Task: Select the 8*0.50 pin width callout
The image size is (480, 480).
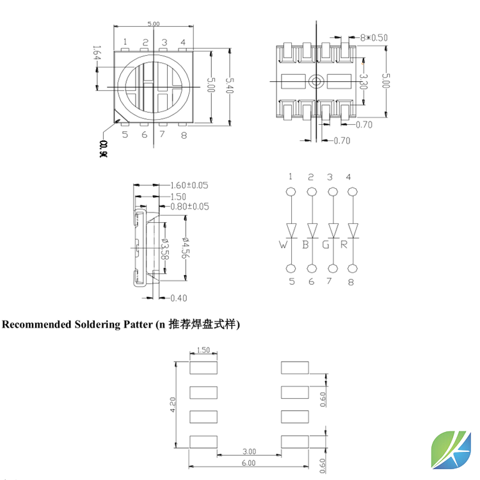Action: [374, 38]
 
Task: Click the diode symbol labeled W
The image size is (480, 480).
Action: [292, 229]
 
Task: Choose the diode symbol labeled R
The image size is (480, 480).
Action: [353, 229]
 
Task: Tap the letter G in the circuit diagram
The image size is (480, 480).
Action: [326, 244]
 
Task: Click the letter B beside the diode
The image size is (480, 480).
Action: [306, 244]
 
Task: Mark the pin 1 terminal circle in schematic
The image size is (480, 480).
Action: [291, 191]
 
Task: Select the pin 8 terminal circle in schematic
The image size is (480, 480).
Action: [353, 269]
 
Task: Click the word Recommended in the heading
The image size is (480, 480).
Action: [37, 324]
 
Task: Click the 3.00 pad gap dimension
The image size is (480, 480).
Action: [249, 451]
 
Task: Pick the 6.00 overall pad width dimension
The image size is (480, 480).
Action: [249, 463]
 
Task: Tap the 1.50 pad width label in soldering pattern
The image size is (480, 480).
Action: [204, 350]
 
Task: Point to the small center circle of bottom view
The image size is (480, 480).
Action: [316, 81]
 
